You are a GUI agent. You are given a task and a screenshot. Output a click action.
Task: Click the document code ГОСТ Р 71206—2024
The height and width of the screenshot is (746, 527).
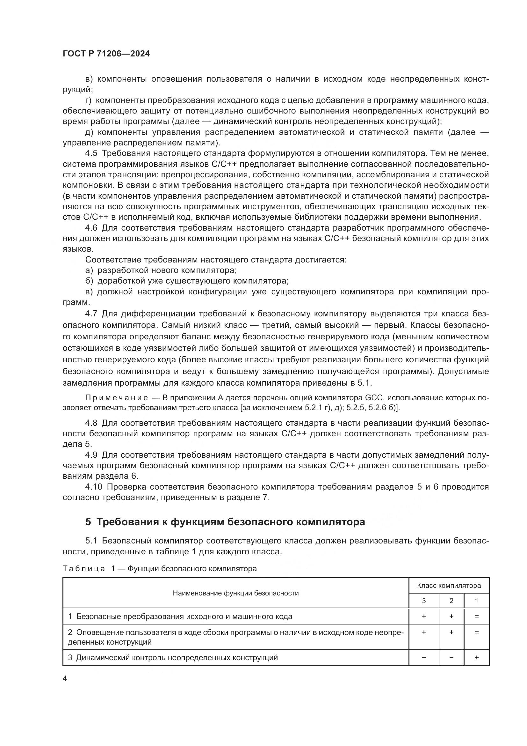coord(106,54)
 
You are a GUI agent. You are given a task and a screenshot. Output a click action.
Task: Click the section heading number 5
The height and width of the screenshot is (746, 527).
coord(88,521)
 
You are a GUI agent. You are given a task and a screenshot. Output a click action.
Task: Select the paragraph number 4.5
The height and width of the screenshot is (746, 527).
coord(91,153)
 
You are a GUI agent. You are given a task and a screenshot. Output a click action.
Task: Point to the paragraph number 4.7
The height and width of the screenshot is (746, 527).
coord(91,314)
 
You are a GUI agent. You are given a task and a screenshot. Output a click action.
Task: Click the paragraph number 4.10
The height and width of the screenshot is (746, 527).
coord(93,487)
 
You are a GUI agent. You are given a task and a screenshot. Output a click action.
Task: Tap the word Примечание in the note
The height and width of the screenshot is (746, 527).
coord(117,398)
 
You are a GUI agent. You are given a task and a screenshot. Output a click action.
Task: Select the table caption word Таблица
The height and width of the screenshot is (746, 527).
coord(84,569)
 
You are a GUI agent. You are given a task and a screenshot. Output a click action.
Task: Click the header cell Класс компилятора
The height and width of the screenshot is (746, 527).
coord(449,586)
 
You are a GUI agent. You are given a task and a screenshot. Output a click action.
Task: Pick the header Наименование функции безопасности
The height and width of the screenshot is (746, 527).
coord(235,593)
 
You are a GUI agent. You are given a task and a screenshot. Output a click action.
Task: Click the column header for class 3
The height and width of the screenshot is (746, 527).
coord(423,601)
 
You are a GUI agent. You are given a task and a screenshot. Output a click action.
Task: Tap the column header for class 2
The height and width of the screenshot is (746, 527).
coord(451,601)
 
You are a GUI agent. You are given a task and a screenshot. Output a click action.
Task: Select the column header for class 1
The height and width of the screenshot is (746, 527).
coord(476,601)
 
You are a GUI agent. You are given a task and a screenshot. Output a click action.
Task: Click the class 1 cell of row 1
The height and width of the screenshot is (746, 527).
coord(476,617)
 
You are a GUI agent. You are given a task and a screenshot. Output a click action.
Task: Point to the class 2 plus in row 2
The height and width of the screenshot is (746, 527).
coord(451,632)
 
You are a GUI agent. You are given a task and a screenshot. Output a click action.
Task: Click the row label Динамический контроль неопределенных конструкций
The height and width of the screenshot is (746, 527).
coord(177,658)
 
